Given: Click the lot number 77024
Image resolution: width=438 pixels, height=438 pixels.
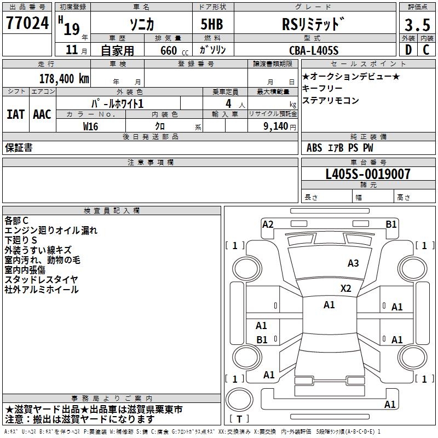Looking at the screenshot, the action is pos(27,23).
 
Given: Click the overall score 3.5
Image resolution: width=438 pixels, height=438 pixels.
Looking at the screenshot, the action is pos(417,25).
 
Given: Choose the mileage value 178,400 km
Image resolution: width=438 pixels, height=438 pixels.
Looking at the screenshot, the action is pos(65,78).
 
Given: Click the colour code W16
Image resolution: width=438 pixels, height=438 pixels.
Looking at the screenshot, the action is pos(91,126).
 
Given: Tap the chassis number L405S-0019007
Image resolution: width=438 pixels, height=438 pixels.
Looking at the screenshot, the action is pos(367,175).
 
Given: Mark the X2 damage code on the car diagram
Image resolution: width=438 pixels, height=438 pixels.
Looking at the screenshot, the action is pos(345,288).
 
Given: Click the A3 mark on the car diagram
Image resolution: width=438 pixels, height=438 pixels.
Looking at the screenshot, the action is pos(353,263).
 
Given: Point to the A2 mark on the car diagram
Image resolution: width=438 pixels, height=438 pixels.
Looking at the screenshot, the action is pos(268,224).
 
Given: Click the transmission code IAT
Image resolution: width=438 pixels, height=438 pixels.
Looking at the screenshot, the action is pos(15,114).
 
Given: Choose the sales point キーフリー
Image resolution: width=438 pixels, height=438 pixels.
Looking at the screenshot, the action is pos(322,89).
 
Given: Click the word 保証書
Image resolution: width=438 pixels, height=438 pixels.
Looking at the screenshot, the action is pos(19,148).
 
